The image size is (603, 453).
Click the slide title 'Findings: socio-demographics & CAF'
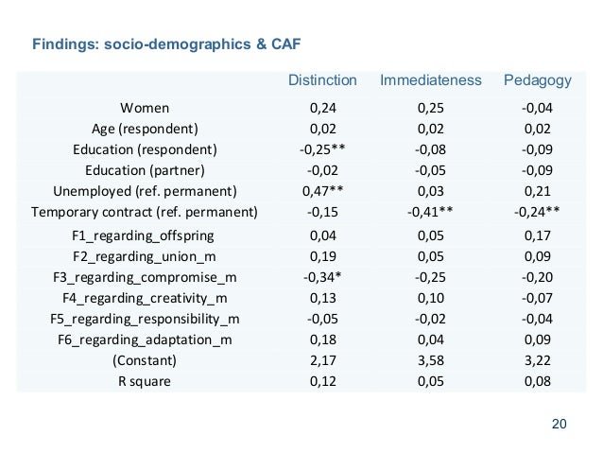[x=166, y=44]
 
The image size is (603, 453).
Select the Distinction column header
[x=322, y=80]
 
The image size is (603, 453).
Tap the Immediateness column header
[x=430, y=80]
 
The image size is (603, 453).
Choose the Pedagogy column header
[x=536, y=80]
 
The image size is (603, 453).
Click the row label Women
[x=145, y=108]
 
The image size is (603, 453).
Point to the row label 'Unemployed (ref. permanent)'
[x=145, y=191]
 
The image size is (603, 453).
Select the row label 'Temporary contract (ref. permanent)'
[x=145, y=212]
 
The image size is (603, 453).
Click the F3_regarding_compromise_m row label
[x=145, y=276]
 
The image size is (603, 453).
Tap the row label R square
[x=145, y=381]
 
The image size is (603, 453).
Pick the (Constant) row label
[x=145, y=360]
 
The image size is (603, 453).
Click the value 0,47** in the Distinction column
[x=322, y=191]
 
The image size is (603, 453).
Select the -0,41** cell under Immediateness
[x=430, y=212]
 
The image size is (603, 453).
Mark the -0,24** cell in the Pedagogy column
[x=536, y=212]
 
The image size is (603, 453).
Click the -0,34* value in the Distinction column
[x=322, y=276]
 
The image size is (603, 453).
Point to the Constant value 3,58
[x=430, y=360]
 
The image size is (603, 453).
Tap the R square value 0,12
[x=322, y=381]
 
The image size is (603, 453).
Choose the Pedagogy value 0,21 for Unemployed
[x=536, y=191]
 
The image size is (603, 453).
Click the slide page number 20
[x=559, y=423]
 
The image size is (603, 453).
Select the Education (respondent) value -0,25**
[x=322, y=149]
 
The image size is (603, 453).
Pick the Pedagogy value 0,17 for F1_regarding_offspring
[x=536, y=235]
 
